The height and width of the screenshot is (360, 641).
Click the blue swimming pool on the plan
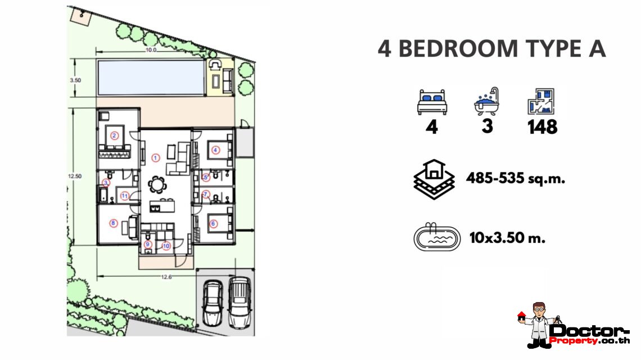click(151, 78)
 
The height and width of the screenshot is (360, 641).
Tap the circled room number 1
click(155, 157)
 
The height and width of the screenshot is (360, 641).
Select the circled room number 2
click(115, 136)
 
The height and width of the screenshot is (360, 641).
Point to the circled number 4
click(216, 150)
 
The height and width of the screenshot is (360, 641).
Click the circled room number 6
click(213, 224)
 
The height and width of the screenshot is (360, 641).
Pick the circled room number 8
click(113, 223)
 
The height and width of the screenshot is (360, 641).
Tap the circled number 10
click(166, 246)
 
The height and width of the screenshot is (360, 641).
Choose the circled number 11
click(125, 196)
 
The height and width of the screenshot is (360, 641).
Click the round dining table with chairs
click(157, 184)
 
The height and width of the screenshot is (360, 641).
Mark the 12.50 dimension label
click(75, 176)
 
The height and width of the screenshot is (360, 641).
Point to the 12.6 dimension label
click(166, 277)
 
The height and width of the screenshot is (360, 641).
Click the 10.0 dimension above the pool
click(151, 50)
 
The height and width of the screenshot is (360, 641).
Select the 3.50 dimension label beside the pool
click(75, 80)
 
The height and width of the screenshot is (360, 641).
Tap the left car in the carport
click(213, 303)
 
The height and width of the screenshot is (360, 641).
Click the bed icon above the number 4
click(432, 102)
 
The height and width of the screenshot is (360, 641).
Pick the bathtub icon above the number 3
click(486, 101)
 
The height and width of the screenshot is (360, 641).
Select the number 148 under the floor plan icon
click(542, 127)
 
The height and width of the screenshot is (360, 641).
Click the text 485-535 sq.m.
click(516, 178)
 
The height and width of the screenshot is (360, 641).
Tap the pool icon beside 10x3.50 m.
click(437, 237)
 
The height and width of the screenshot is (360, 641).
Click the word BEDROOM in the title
click(458, 49)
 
